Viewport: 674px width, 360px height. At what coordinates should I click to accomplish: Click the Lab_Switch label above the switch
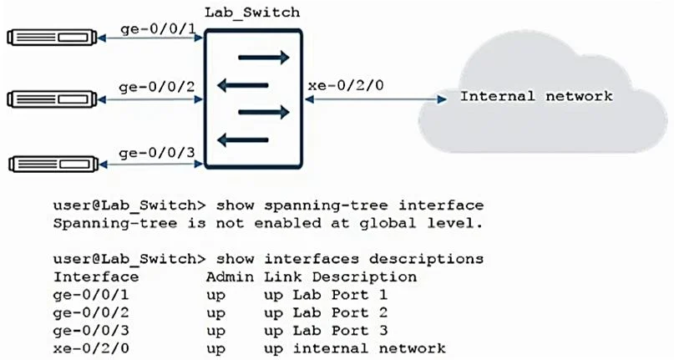pyautogui.click(x=252, y=13)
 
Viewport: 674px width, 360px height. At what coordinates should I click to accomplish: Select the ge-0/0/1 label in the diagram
pyautogui.click(x=158, y=30)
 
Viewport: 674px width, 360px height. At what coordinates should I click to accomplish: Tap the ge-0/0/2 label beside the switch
pyautogui.click(x=156, y=88)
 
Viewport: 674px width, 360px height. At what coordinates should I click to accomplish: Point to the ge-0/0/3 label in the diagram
pyautogui.click(x=156, y=153)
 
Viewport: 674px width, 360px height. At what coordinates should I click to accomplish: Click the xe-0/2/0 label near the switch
pyautogui.click(x=346, y=85)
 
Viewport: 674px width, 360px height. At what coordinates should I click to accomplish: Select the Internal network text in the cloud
pyautogui.click(x=536, y=96)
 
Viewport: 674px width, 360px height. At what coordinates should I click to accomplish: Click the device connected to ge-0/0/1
pyautogui.click(x=52, y=38)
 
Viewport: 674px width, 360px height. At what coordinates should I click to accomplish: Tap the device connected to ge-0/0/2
pyautogui.click(x=52, y=99)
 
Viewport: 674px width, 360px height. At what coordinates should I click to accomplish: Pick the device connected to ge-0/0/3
pyautogui.click(x=53, y=165)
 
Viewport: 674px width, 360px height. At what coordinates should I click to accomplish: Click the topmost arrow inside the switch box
pyautogui.click(x=264, y=57)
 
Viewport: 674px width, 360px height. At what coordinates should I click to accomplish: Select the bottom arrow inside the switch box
pyautogui.click(x=243, y=139)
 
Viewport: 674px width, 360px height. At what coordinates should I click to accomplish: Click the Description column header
pyautogui.click(x=364, y=277)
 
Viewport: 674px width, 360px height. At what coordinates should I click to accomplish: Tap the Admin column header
pyautogui.click(x=230, y=277)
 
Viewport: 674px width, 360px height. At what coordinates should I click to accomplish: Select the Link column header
pyautogui.click(x=283, y=277)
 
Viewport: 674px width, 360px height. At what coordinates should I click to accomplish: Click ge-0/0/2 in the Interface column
pyautogui.click(x=91, y=313)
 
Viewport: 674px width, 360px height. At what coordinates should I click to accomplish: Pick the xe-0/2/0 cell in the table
pyautogui.click(x=91, y=348)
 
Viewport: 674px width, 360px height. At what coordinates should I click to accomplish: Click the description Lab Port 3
pyautogui.click(x=341, y=331)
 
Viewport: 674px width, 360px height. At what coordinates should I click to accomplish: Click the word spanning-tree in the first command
pyautogui.click(x=326, y=205)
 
